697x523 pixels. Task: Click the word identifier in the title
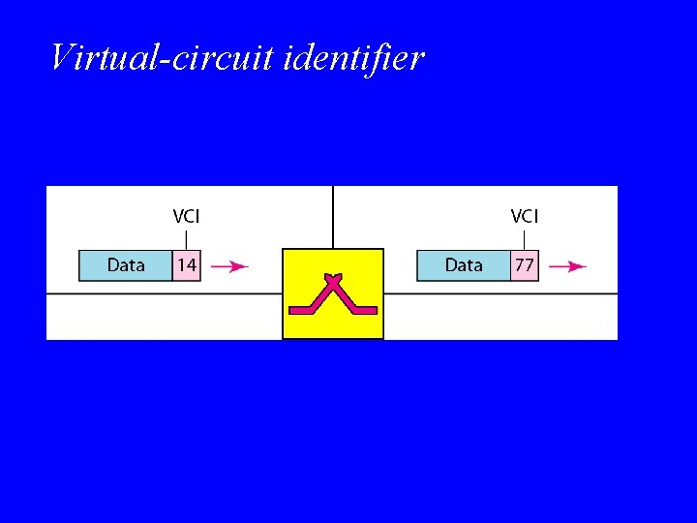355,58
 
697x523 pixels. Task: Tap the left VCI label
186,216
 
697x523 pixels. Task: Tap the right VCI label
524,216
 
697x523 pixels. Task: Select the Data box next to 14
126,265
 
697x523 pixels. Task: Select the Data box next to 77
464,265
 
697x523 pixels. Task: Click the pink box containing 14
186,265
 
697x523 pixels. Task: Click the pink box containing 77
524,265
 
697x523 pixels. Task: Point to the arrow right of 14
229,266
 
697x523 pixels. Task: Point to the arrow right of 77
567,266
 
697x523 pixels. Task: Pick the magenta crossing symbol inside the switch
332,294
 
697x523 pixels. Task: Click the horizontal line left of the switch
165,293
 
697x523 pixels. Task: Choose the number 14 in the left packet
186,265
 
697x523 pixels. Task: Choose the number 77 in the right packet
524,265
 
